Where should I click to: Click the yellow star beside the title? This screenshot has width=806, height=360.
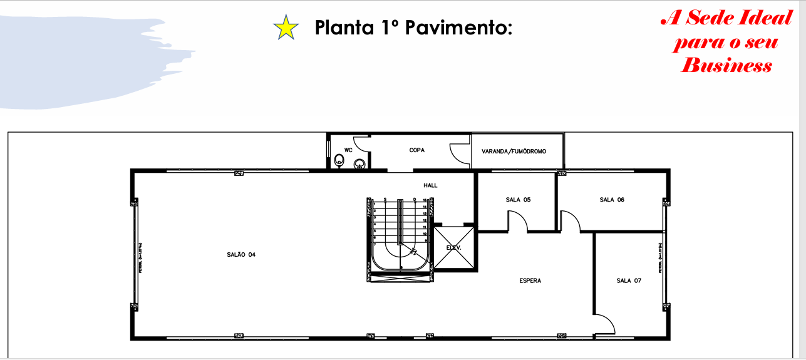286,28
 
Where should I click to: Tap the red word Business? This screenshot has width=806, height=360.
726,65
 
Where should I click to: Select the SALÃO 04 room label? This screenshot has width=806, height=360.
241,255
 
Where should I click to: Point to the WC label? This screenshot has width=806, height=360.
348,150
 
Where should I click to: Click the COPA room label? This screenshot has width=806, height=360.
418,150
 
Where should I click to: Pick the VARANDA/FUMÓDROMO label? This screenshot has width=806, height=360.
514,152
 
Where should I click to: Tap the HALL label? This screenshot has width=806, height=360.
430,185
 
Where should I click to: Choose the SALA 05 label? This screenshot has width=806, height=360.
518,200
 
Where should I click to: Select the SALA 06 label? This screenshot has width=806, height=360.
612,200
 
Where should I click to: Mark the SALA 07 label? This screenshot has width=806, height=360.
629,280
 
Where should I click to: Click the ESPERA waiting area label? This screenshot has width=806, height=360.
530,280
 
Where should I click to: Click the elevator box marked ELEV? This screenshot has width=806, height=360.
454,247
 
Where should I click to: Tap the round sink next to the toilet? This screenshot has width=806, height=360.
359,165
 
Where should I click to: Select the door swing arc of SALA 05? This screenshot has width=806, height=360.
517,220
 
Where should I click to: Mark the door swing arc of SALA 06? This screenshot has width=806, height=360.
570,220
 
